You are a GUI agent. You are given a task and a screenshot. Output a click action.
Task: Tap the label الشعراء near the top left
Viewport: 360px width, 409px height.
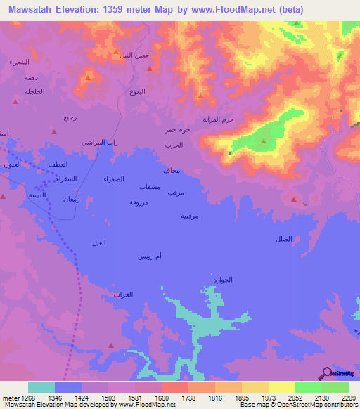click(x=18, y=63)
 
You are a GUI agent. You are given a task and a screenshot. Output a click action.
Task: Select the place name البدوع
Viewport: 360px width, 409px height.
click(x=138, y=92)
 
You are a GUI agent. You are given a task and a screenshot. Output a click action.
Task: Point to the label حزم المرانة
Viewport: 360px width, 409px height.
click(x=218, y=119)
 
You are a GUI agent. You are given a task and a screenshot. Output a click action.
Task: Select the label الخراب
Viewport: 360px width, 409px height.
click(x=123, y=295)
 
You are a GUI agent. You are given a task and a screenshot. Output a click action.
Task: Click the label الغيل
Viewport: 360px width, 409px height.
click(x=98, y=242)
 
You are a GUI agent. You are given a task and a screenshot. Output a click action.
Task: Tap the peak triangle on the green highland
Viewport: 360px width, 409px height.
click(x=264, y=141)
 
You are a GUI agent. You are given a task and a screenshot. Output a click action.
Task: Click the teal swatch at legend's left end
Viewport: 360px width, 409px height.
click(x=41, y=387)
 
